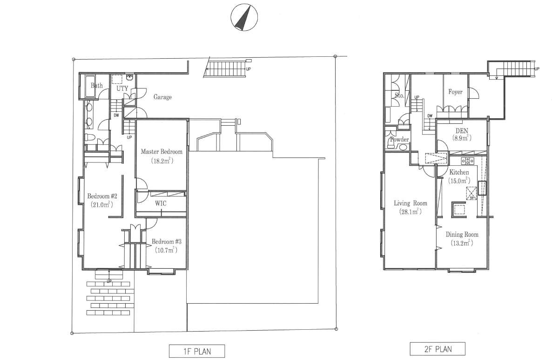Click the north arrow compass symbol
[244, 17]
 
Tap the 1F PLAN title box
[197, 351]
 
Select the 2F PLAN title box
[438, 349]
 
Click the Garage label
[162, 97]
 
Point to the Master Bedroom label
[162, 152]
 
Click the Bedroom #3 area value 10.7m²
[166, 250]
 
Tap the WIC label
[161, 203]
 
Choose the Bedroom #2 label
[102, 196]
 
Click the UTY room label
[122, 88]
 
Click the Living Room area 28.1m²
[410, 212]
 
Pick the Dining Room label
[462, 234]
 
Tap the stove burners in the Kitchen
[467, 161]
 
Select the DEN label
[462, 131]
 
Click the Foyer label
[455, 92]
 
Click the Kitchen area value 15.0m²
[459, 181]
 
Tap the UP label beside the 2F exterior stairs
[537, 69]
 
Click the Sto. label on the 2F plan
[399, 95]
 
